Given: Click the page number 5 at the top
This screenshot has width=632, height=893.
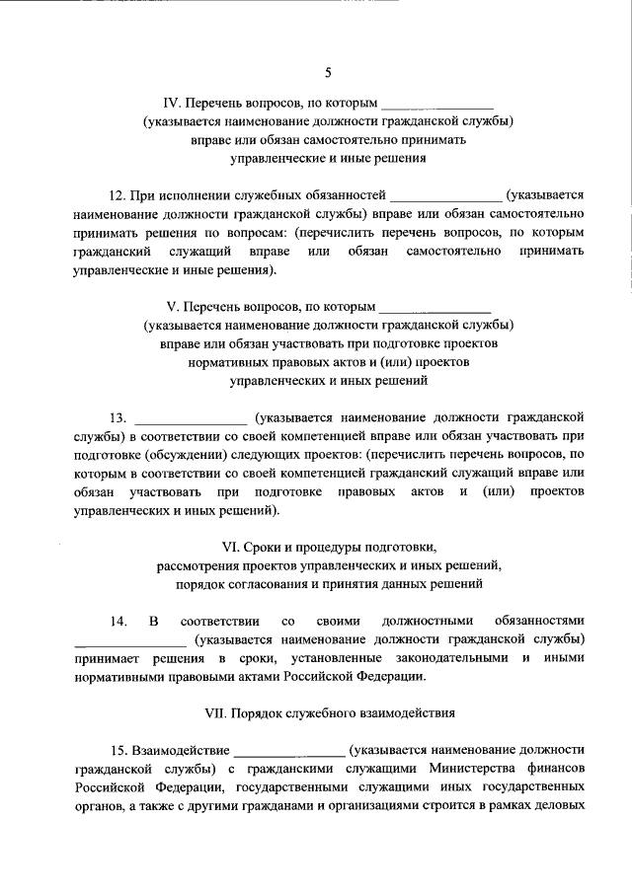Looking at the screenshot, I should coord(327,71).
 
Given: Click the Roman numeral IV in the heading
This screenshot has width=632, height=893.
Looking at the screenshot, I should coord(171,103).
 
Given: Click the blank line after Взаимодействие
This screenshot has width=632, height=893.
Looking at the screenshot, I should coord(288,753).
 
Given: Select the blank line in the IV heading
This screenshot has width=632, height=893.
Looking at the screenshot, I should coord(436,105).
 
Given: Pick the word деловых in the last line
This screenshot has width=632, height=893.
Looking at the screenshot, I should coord(564,807).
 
